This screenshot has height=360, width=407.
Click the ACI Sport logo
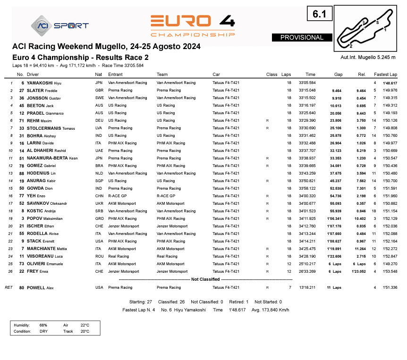coord(59,25)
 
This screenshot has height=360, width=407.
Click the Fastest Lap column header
coord(385,75)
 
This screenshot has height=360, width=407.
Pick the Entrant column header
coord(115,75)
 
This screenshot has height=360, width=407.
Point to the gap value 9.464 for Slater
coord(335,90)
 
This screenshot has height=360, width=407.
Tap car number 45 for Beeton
coord(21,105)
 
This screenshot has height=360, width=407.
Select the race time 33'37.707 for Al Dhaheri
coord(307,151)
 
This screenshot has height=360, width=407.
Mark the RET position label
coord(8,287)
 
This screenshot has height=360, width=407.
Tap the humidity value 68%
coord(43,325)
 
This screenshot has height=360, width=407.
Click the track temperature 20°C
coord(85,331)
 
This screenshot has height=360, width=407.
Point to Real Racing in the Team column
coord(167,256)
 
